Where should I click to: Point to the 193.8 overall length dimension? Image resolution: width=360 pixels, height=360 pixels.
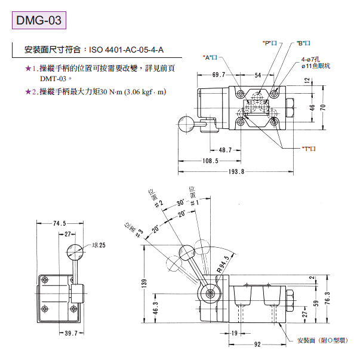(x=237, y=172)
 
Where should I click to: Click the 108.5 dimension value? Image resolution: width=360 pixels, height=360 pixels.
(x=210, y=161)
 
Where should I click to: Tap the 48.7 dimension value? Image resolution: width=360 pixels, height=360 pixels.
(x=224, y=150)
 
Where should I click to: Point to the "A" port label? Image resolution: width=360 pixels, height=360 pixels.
(x=212, y=57)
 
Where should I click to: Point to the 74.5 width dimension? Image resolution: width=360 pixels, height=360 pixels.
(x=59, y=224)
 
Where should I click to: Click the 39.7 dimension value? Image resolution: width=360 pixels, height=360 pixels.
(x=57, y=333)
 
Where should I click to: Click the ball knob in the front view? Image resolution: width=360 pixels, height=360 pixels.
(x=74, y=251)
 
